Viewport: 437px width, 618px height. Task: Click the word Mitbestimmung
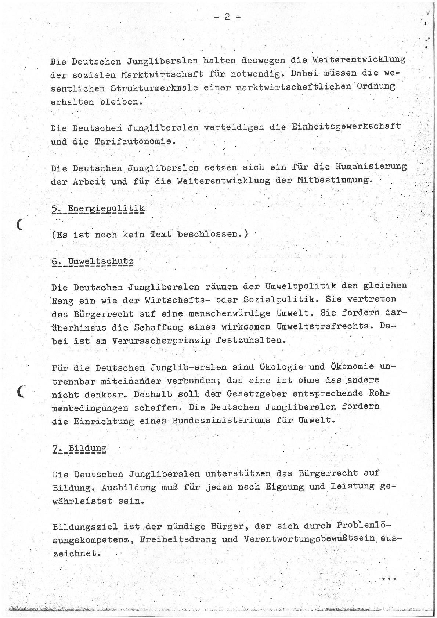[334, 180]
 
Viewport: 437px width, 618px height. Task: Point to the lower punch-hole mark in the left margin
[21, 392]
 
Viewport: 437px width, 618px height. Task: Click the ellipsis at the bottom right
[389, 579]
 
